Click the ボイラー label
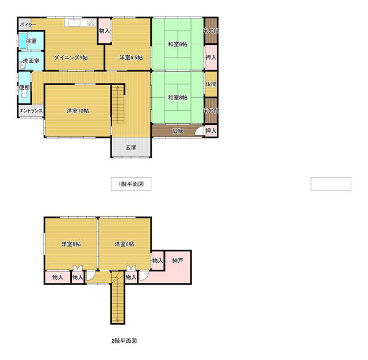click(28, 24)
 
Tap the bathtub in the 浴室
click(22, 41)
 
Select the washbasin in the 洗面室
click(22, 65)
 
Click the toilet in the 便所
click(25, 94)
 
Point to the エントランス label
click(31, 111)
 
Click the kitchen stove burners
click(92, 23)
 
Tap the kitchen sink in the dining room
click(74, 23)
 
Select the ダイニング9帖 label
click(71, 58)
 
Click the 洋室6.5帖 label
click(131, 58)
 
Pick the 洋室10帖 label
click(78, 111)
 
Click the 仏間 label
click(211, 84)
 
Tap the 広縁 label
click(178, 131)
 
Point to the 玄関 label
click(131, 147)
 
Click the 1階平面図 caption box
click(131, 184)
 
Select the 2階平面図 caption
click(124, 341)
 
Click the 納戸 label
click(178, 261)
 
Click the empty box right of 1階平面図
click(331, 184)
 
